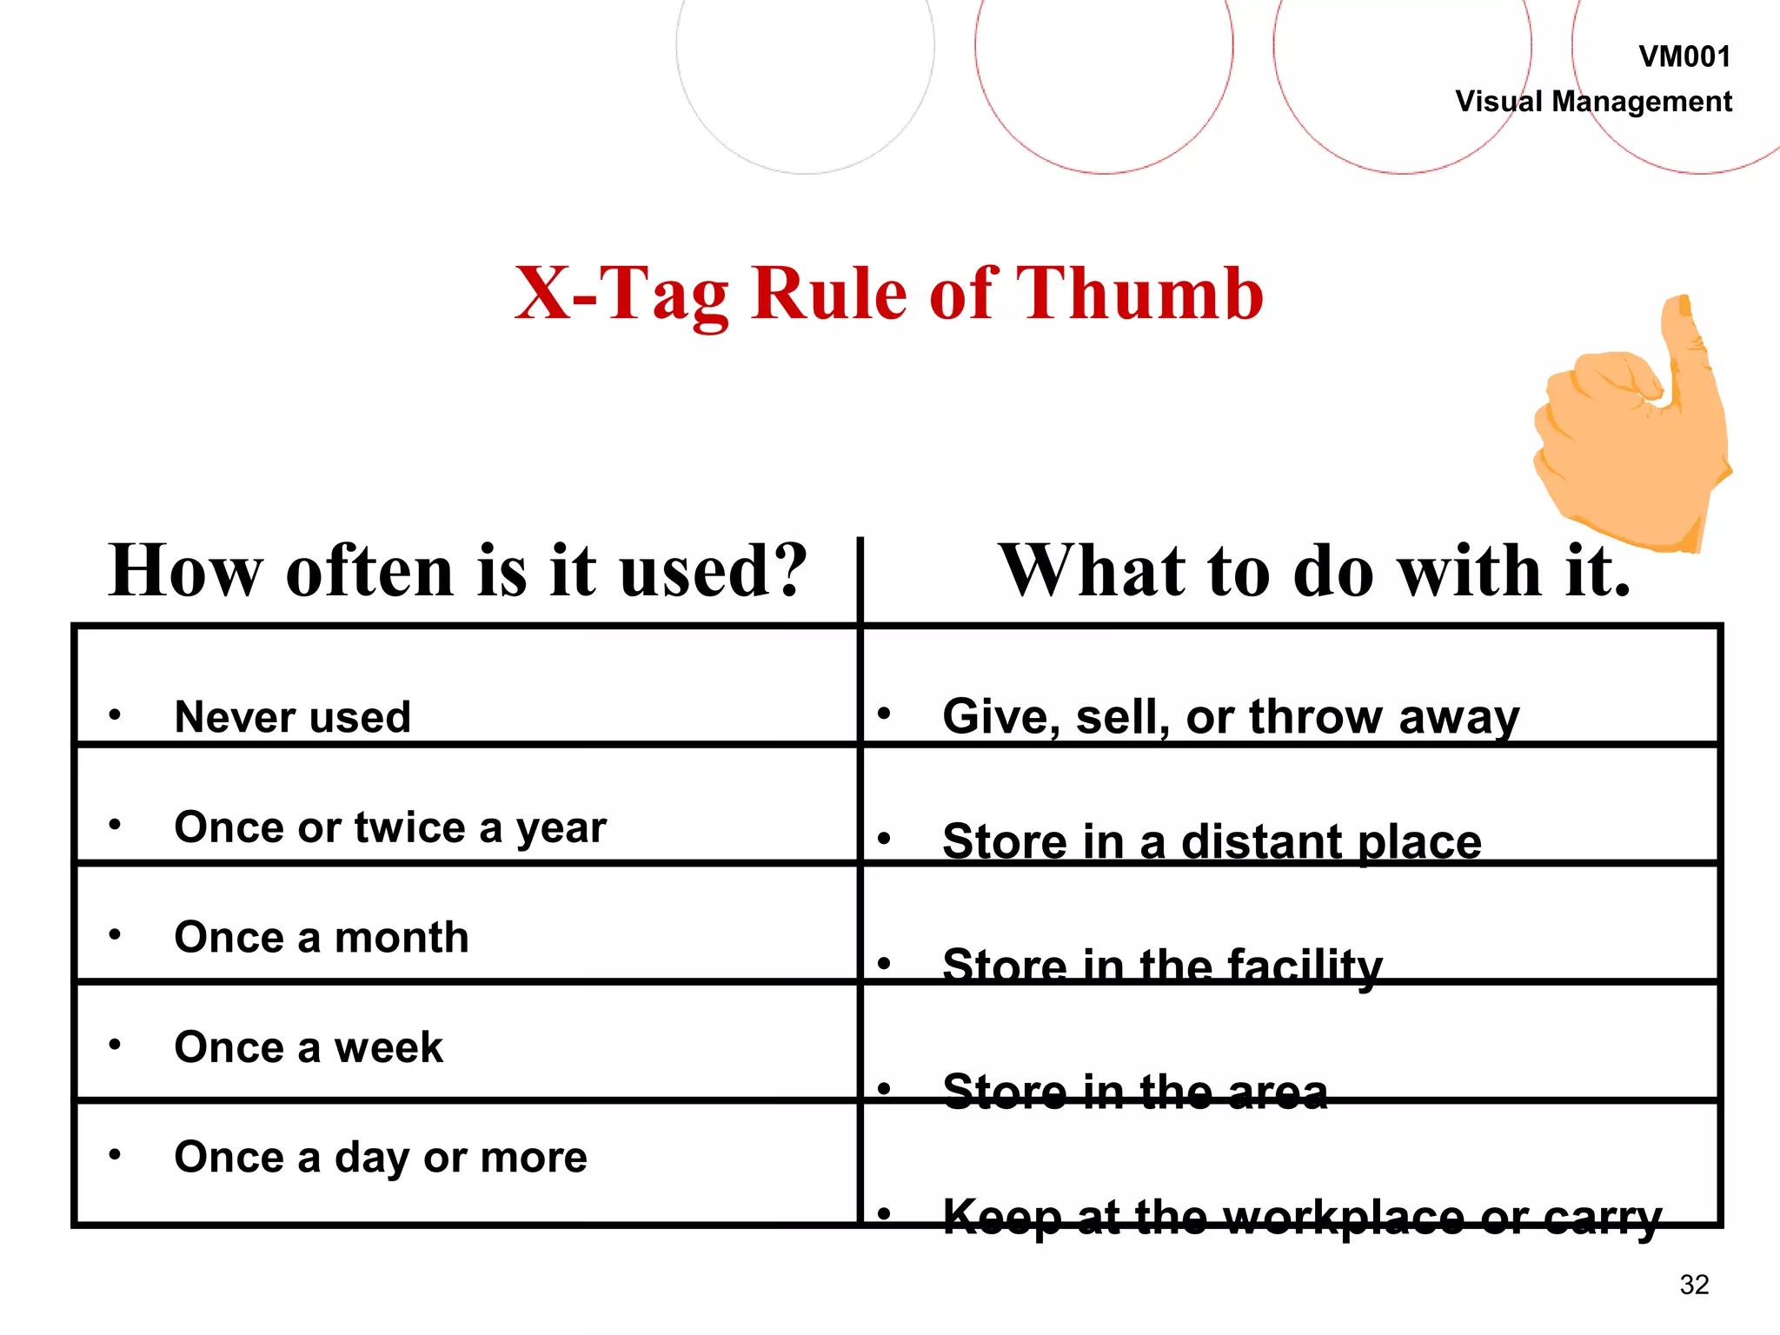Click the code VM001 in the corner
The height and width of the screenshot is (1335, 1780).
(1684, 57)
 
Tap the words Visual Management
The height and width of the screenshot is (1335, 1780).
(1593, 102)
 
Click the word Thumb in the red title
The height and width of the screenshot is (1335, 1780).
(1139, 294)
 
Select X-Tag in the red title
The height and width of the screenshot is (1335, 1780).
(621, 294)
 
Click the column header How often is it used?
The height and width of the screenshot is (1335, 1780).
(458, 571)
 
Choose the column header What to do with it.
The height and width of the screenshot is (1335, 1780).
(1314, 571)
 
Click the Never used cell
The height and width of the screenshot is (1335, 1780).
(292, 717)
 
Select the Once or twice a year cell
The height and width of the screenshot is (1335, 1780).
(389, 827)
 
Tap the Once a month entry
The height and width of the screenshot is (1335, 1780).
(321, 937)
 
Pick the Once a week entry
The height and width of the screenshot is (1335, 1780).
(308, 1046)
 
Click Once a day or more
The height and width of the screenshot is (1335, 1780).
(380, 1157)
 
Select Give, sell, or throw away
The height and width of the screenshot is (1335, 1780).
(1231, 717)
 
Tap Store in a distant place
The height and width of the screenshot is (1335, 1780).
(1212, 841)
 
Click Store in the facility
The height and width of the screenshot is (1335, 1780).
(1162, 966)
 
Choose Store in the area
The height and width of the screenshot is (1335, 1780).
(1134, 1091)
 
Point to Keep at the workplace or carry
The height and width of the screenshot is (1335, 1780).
(1302, 1215)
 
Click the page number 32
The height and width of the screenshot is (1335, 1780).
(1694, 1285)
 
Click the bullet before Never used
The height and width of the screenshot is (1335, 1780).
(115, 715)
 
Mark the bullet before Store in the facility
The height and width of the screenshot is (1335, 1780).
(884, 963)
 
